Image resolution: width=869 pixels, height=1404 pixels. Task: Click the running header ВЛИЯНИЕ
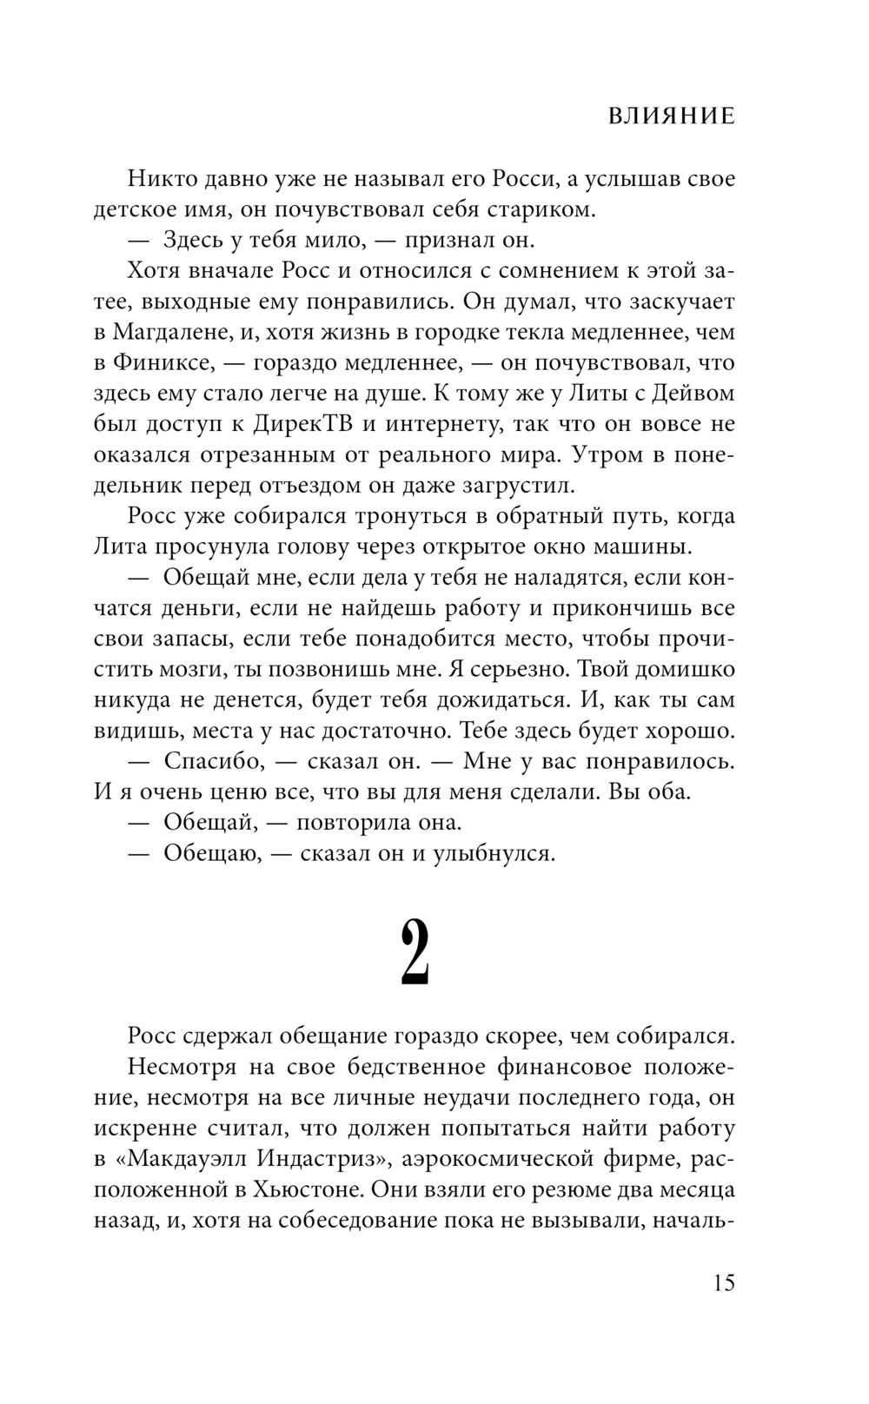point(671,116)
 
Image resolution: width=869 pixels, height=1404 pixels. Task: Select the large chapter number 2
point(415,952)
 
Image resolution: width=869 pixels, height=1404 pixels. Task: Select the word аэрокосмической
point(494,1159)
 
